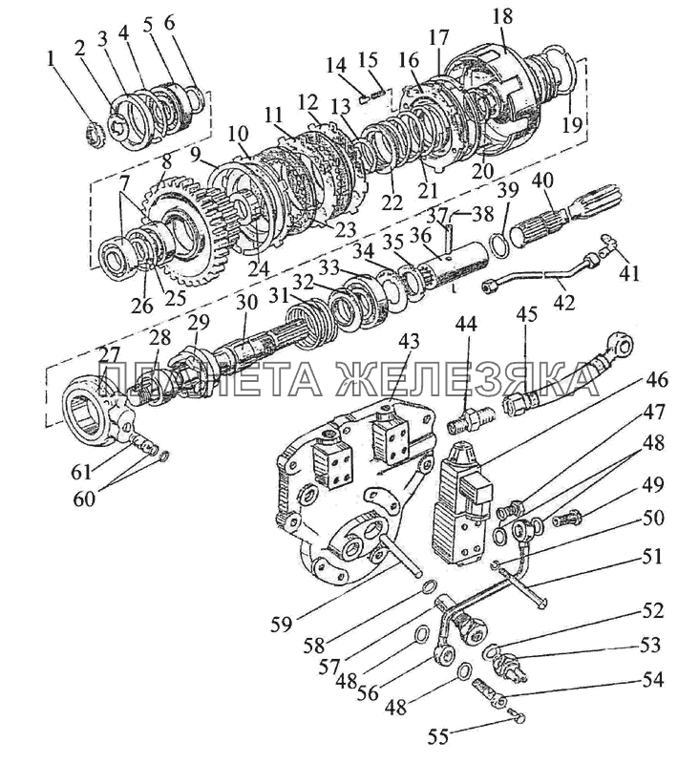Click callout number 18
pyautogui.click(x=502, y=16)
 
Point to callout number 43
pyautogui.click(x=408, y=341)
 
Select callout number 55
pyautogui.click(x=438, y=737)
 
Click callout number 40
pyautogui.click(x=543, y=180)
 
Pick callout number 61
pyautogui.click(x=81, y=471)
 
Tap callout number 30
pyautogui.click(x=246, y=303)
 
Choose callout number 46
pyautogui.click(x=656, y=379)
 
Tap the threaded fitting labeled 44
pyautogui.click(x=470, y=419)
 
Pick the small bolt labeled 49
pyautogui.click(x=567, y=519)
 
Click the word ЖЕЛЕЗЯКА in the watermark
pyautogui.click(x=467, y=378)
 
